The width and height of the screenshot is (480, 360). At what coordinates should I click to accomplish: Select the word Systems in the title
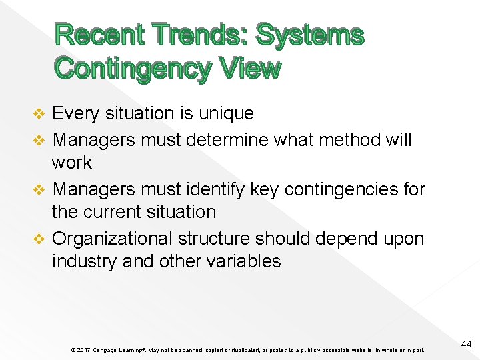point(310,35)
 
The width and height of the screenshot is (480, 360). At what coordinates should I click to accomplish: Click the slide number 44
point(466,344)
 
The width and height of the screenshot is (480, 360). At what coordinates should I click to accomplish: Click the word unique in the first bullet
point(229,114)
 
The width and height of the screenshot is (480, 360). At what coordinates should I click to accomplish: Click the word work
point(72,163)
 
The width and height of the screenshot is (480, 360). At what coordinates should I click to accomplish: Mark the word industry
point(85,261)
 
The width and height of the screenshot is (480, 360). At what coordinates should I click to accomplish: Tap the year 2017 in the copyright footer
point(83,350)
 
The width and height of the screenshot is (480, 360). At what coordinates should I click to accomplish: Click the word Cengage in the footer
point(105,350)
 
